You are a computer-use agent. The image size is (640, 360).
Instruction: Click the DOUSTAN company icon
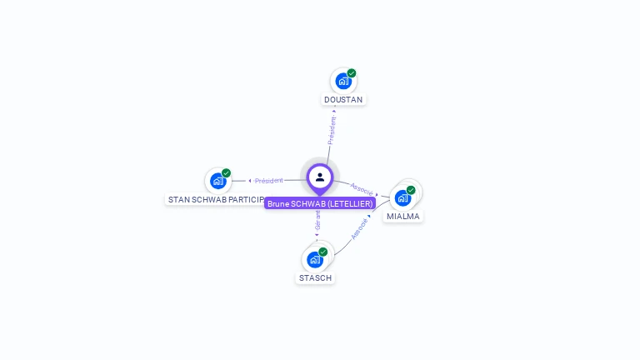pos(342,82)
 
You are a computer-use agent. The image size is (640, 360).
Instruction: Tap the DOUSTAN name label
pos(343,100)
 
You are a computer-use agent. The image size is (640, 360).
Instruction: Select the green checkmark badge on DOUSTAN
pos(352,73)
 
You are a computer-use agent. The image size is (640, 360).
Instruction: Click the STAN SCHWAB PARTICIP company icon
pos(217,181)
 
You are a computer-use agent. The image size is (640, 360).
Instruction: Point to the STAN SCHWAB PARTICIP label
pos(216,200)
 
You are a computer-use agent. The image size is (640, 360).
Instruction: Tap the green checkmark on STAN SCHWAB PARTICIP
pos(226,173)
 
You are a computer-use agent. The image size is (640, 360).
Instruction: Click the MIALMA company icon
pos(402,198)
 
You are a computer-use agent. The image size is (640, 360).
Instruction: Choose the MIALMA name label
pos(403,217)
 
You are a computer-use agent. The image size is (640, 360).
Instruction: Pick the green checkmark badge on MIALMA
pos(411,190)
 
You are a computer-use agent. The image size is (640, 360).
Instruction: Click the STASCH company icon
pos(315,259)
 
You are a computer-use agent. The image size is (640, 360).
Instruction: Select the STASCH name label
pos(315,278)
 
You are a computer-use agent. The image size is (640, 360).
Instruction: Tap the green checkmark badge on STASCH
pos(323,252)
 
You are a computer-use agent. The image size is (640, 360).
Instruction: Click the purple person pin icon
pos(320,177)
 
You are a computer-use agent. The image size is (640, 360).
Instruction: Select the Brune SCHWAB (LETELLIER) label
pos(320,203)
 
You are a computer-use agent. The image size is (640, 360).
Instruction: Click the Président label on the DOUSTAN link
pos(332,131)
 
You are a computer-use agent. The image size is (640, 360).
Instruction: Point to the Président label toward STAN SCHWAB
pos(268,180)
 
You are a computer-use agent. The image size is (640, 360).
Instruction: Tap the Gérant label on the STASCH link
pos(317,221)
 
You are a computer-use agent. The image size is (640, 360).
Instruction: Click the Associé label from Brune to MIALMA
pos(362,189)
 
